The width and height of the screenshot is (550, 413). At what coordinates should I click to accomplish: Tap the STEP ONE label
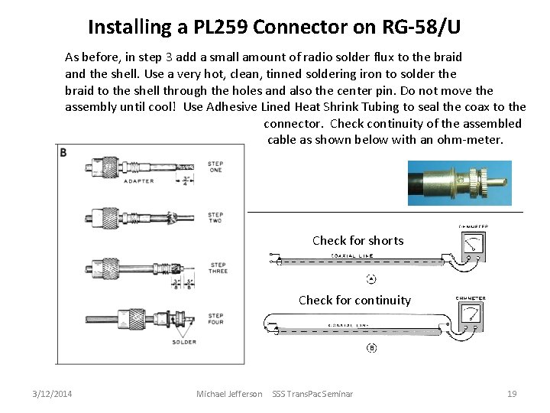[215, 167]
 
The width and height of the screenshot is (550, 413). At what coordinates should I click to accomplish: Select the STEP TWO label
[215, 218]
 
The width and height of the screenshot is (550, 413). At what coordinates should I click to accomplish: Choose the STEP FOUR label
[215, 318]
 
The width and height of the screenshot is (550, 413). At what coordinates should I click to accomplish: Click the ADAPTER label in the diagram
[137, 181]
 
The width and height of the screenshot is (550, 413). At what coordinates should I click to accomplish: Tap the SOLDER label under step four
[184, 342]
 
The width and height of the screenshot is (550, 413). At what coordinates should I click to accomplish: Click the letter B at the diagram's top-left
[63, 152]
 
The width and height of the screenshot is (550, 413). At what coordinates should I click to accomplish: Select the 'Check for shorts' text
[357, 240]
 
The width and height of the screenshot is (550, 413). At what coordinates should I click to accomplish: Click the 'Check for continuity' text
[354, 300]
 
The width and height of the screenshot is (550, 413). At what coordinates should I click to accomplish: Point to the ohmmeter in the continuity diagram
[471, 314]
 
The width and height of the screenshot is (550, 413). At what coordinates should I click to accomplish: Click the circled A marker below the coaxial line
[371, 278]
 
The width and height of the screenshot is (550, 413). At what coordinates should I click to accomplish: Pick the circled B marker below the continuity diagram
[371, 348]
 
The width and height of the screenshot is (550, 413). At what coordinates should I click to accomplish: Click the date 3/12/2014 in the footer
[53, 394]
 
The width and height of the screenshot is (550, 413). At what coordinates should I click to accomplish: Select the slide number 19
[512, 394]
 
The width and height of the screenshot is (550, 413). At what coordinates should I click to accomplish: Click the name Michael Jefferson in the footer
[229, 394]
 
